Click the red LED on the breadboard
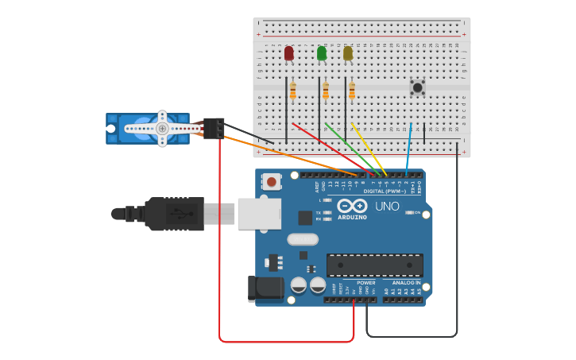click(288, 53)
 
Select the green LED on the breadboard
click(322, 53)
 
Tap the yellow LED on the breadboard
click(347, 53)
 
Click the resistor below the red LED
click(292, 91)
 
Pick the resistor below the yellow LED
click(352, 91)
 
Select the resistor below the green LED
click(326, 91)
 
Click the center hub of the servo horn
click(162, 128)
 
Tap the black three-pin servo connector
click(214, 128)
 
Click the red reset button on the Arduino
click(272, 182)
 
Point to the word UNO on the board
click(387, 206)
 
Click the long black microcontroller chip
click(374, 265)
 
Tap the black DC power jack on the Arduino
click(265, 289)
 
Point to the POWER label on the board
click(365, 282)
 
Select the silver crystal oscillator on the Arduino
click(303, 239)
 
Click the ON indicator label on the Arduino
click(417, 212)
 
